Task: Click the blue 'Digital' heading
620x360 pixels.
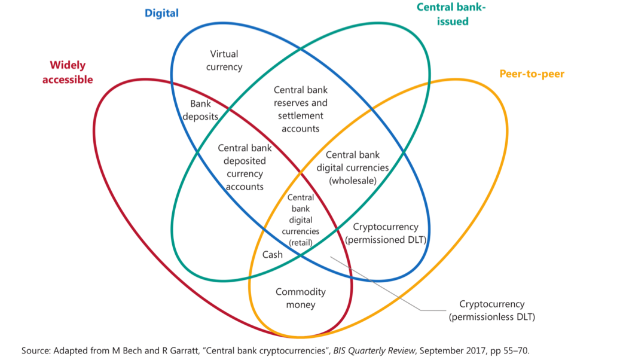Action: click(x=161, y=13)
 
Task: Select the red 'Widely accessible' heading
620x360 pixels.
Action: click(x=68, y=72)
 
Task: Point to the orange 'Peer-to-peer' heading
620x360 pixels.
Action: click(x=532, y=74)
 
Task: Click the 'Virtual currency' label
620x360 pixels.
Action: click(x=224, y=60)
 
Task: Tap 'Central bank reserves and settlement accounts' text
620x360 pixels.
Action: click(x=300, y=109)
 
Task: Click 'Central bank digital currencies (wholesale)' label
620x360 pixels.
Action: click(x=353, y=167)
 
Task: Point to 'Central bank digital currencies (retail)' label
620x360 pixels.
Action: click(x=300, y=220)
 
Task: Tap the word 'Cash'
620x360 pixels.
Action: click(x=273, y=254)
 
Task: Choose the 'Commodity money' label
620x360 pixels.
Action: click(x=300, y=298)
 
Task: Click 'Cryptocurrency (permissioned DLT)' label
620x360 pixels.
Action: click(x=386, y=233)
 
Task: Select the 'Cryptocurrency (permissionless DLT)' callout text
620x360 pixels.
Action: click(x=491, y=310)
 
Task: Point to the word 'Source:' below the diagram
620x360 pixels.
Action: click(x=36, y=350)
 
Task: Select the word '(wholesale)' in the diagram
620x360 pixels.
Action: click(x=353, y=180)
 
